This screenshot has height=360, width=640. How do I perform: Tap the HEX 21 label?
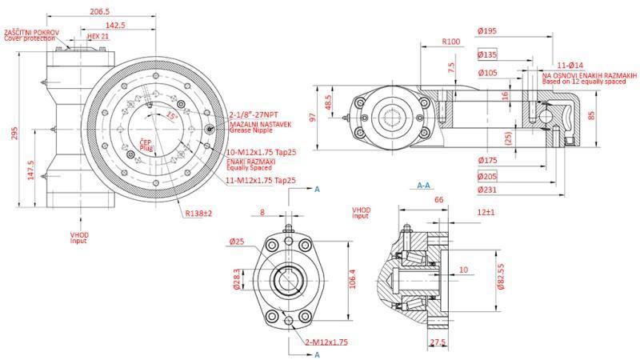98,37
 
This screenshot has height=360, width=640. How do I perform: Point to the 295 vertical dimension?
14,133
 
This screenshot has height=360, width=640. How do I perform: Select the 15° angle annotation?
171,116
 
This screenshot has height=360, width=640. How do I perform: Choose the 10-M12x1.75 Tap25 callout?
263,152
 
